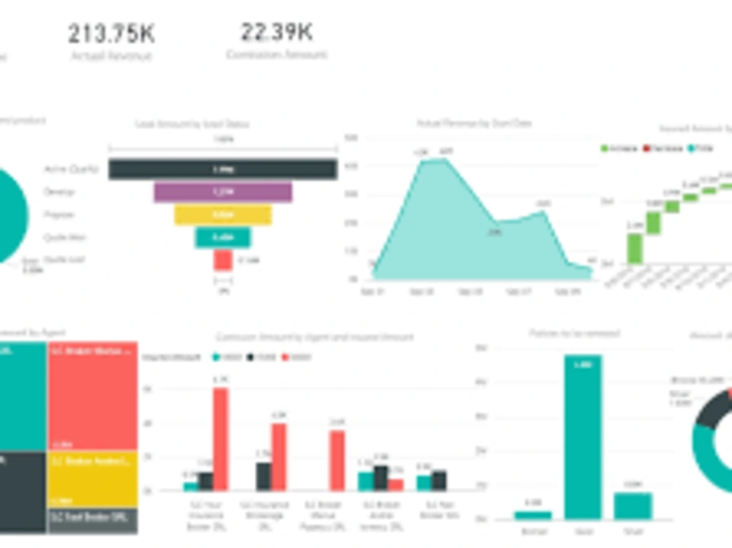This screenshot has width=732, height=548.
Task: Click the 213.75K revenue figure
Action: pyautogui.click(x=111, y=34)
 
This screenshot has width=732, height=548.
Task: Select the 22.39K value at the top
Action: pyautogui.click(x=277, y=32)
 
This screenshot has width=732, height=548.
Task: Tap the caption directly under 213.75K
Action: pyautogui.click(x=111, y=56)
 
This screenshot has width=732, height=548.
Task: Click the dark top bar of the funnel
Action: pyautogui.click(x=223, y=169)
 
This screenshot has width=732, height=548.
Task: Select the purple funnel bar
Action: pyautogui.click(x=223, y=192)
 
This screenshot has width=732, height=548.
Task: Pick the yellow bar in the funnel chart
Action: pyautogui.click(x=223, y=215)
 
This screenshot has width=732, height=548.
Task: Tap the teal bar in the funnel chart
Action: pyautogui.click(x=223, y=238)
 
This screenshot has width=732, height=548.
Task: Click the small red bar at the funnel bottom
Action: pyautogui.click(x=223, y=260)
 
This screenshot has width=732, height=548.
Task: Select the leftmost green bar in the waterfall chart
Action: pyautogui.click(x=635, y=248)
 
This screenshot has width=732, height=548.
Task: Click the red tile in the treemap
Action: pyautogui.click(x=92, y=395)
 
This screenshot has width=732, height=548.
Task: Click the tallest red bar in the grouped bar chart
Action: pyautogui.click(x=220, y=439)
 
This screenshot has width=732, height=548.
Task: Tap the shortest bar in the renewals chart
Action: pyautogui.click(x=533, y=515)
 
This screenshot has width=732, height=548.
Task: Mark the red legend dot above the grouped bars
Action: pyautogui.click(x=285, y=357)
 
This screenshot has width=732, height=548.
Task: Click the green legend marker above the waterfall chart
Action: pyautogui.click(x=605, y=149)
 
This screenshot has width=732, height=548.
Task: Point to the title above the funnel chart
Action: pyautogui.click(x=192, y=124)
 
